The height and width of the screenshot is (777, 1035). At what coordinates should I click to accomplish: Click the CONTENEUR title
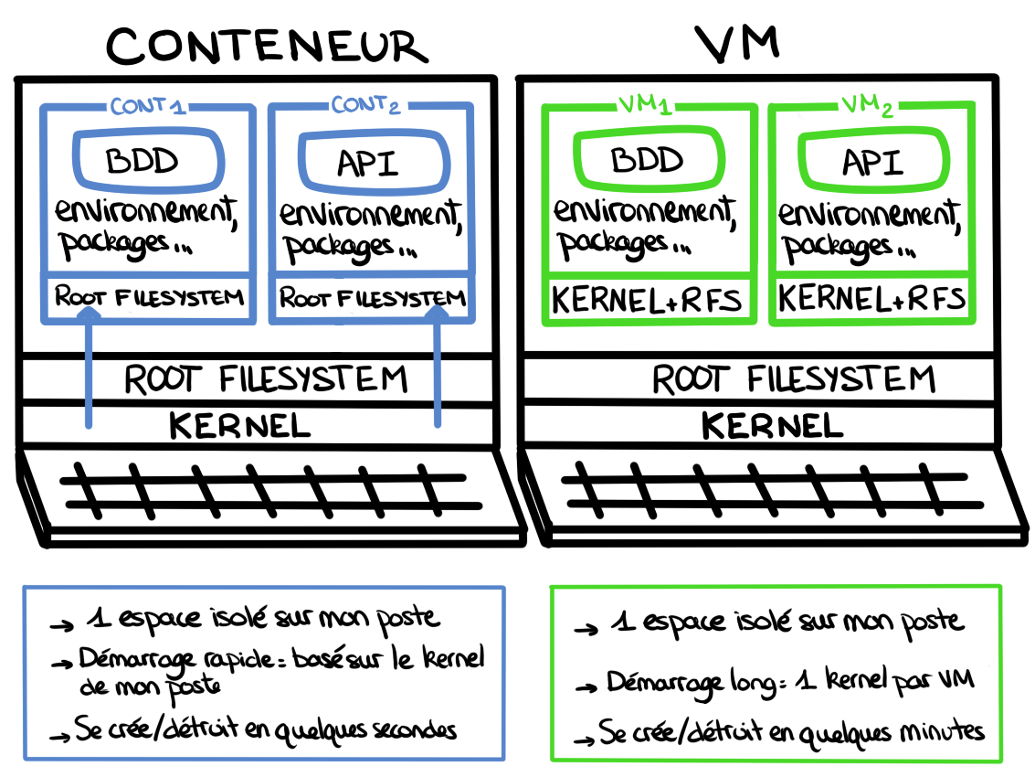(x=267, y=44)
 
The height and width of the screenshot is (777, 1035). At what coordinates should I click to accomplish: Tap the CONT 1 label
(x=148, y=106)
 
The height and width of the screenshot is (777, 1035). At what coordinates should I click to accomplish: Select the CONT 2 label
(x=366, y=106)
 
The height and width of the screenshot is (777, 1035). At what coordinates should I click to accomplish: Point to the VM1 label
(x=645, y=107)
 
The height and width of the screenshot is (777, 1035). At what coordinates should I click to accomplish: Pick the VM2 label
(x=865, y=109)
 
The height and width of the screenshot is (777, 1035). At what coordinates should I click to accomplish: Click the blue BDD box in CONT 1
(x=143, y=162)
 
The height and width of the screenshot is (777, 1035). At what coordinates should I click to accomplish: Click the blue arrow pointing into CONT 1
(x=89, y=366)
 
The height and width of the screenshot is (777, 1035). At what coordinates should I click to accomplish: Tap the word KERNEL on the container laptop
(x=240, y=425)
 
